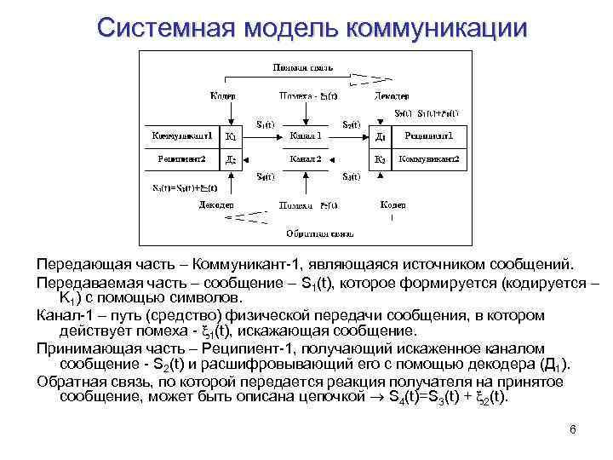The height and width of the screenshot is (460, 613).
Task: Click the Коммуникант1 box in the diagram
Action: [180, 135]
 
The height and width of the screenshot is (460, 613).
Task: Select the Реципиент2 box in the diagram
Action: [180, 158]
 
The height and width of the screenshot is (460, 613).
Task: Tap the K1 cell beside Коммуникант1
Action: [232, 135]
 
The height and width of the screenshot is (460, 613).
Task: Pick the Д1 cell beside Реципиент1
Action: [381, 135]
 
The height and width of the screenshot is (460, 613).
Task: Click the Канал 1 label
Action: [305, 135]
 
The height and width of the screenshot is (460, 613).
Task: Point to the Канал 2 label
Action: [305, 158]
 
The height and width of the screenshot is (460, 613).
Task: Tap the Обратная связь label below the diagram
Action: [309, 232]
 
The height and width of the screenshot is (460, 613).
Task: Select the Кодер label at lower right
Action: [392, 205]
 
